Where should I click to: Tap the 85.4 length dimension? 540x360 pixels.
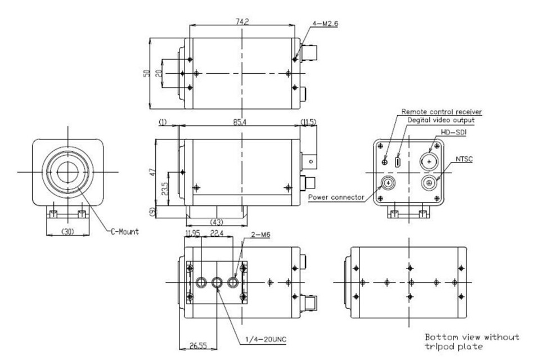(243, 121)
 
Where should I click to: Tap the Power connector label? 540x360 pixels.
(337, 197)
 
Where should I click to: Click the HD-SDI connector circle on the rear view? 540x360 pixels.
(430, 161)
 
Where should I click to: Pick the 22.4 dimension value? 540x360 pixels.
(217, 233)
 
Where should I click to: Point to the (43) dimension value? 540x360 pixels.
(216, 222)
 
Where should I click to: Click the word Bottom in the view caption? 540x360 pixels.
(439, 337)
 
